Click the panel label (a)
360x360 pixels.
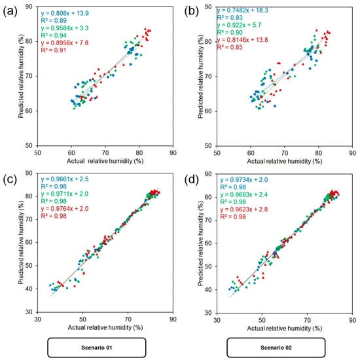coord(10,12)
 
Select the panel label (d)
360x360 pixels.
coord(192,179)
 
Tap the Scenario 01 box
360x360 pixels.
coord(97,348)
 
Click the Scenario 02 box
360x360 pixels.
coord(276,348)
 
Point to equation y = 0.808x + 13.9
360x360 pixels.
coord(65,13)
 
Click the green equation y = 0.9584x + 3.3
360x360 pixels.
coord(65,28)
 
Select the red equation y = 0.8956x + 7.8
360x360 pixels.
coord(65,43)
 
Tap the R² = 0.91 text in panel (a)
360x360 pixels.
coord(54,50)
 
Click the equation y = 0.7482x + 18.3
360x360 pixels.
coord(242,10)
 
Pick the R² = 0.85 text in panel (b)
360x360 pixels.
coord(230,47)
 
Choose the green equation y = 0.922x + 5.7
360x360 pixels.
coord(239,25)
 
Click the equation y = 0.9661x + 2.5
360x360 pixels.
coord(65,179)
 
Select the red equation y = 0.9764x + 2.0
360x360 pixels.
coord(65,208)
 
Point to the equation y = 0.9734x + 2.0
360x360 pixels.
coord(244,180)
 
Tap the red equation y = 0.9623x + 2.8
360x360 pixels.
coord(244,209)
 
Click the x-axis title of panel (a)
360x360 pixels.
coord(105,161)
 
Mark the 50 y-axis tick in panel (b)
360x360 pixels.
coord(207,145)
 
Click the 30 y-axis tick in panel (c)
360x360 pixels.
coord(28,312)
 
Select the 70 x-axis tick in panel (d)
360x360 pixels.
coord(307,320)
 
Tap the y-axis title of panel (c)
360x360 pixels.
coord(21,242)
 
